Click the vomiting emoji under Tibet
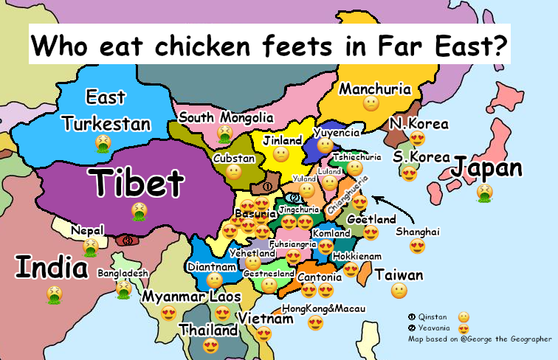click(138, 212)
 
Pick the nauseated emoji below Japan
click(484, 193)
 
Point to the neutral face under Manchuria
click(371, 104)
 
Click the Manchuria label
click(374, 89)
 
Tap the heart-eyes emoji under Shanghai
click(418, 246)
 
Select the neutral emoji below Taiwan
click(398, 290)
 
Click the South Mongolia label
click(226, 117)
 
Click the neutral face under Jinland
click(280, 154)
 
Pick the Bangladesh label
click(123, 273)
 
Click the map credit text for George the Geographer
click(480, 339)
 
